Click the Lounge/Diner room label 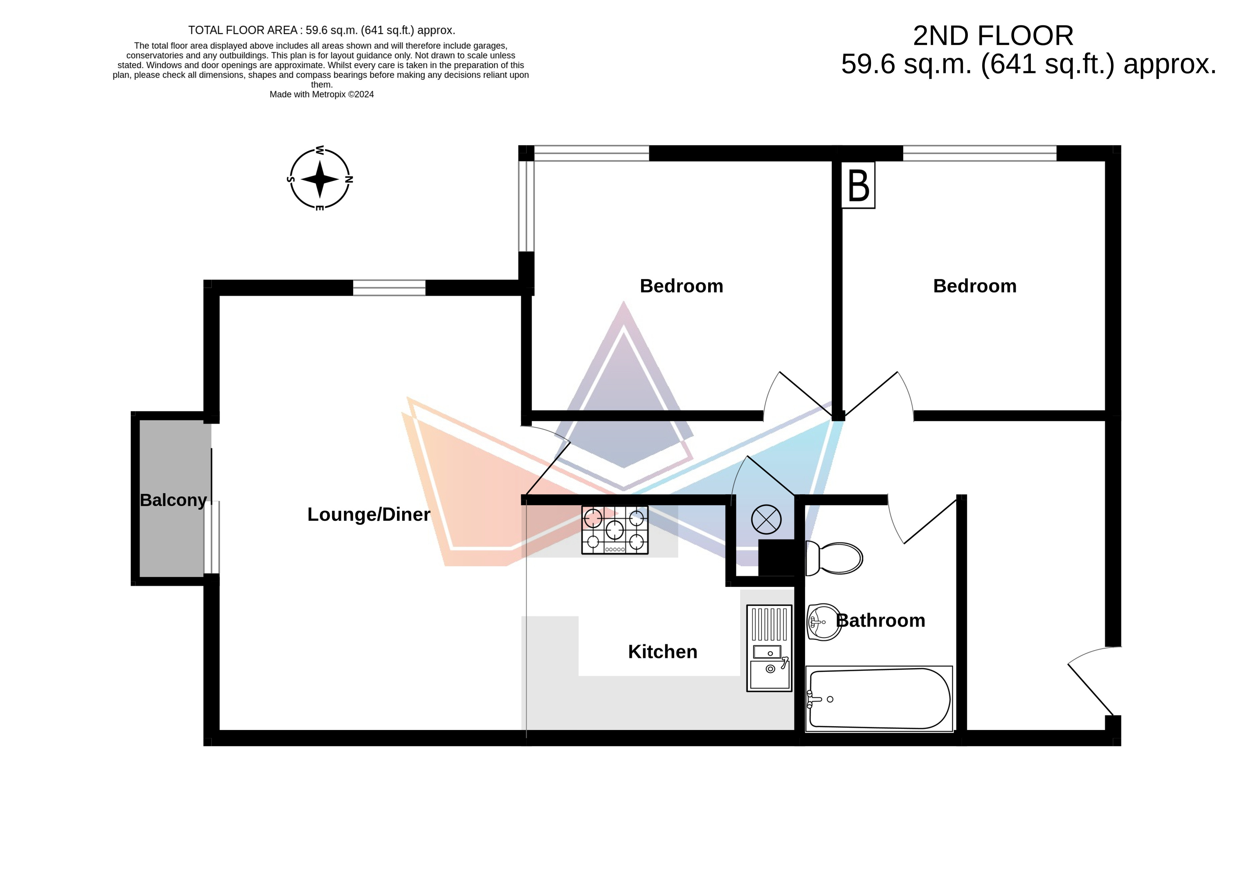(369, 514)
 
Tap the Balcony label (173, 500)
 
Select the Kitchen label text (663, 652)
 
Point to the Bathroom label (881, 620)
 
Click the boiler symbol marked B (858, 185)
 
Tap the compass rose (320, 179)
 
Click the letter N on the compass (349, 179)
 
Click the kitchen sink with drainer (769, 648)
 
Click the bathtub (879, 699)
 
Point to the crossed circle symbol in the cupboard (766, 519)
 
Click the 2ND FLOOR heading (993, 36)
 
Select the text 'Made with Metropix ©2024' (322, 94)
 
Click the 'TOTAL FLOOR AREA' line (322, 31)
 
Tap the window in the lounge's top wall (389, 288)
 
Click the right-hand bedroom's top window (979, 153)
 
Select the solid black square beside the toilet (777, 558)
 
